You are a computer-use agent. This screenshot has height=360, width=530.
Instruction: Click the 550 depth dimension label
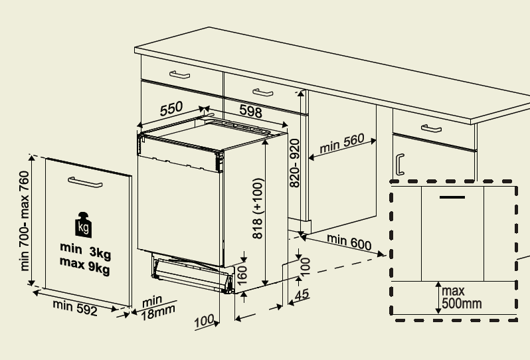pyautogui.click(x=171, y=109)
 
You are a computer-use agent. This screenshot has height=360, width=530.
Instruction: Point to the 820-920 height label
pyautogui.click(x=296, y=162)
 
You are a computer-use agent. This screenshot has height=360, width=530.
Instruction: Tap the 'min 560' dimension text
pyautogui.click(x=342, y=144)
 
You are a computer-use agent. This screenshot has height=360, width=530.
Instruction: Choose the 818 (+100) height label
pyautogui.click(x=258, y=209)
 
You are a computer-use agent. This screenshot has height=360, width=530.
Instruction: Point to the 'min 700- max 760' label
pyautogui.click(x=25, y=221)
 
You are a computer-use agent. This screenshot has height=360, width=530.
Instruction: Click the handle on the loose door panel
pyautogui.click(x=84, y=182)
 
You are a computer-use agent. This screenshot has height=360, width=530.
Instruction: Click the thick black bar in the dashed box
pyautogui.click(x=452, y=197)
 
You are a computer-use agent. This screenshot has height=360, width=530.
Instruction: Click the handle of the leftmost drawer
pyautogui.click(x=179, y=74)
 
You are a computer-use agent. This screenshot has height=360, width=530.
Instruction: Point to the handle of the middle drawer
pyautogui.click(x=262, y=90)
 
